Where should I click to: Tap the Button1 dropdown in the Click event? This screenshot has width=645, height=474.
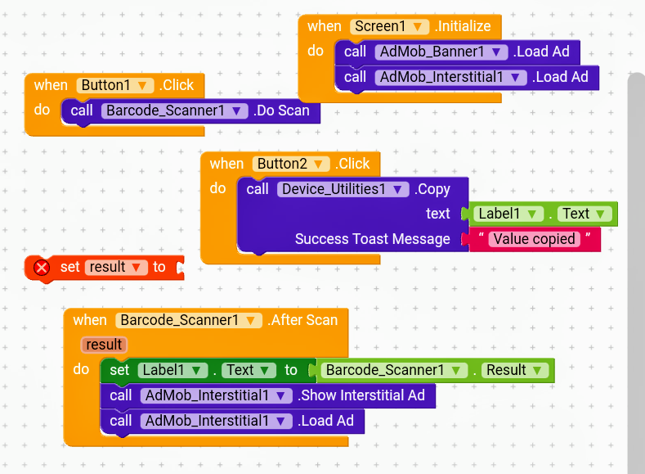(x=114, y=85)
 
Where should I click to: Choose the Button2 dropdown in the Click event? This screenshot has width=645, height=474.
(x=291, y=164)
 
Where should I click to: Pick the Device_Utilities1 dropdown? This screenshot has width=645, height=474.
(x=343, y=189)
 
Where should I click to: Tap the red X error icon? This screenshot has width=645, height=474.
(x=42, y=267)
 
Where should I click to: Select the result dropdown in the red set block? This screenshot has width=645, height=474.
(x=115, y=267)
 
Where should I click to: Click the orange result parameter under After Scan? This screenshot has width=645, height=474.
(x=104, y=345)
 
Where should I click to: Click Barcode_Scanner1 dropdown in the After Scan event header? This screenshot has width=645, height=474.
(x=189, y=320)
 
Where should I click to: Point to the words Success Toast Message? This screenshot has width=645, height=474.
(x=372, y=239)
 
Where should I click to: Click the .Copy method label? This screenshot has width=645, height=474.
(x=432, y=189)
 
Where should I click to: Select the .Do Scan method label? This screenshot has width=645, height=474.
(x=282, y=111)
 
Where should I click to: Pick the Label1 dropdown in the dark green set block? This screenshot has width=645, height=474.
(x=170, y=370)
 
